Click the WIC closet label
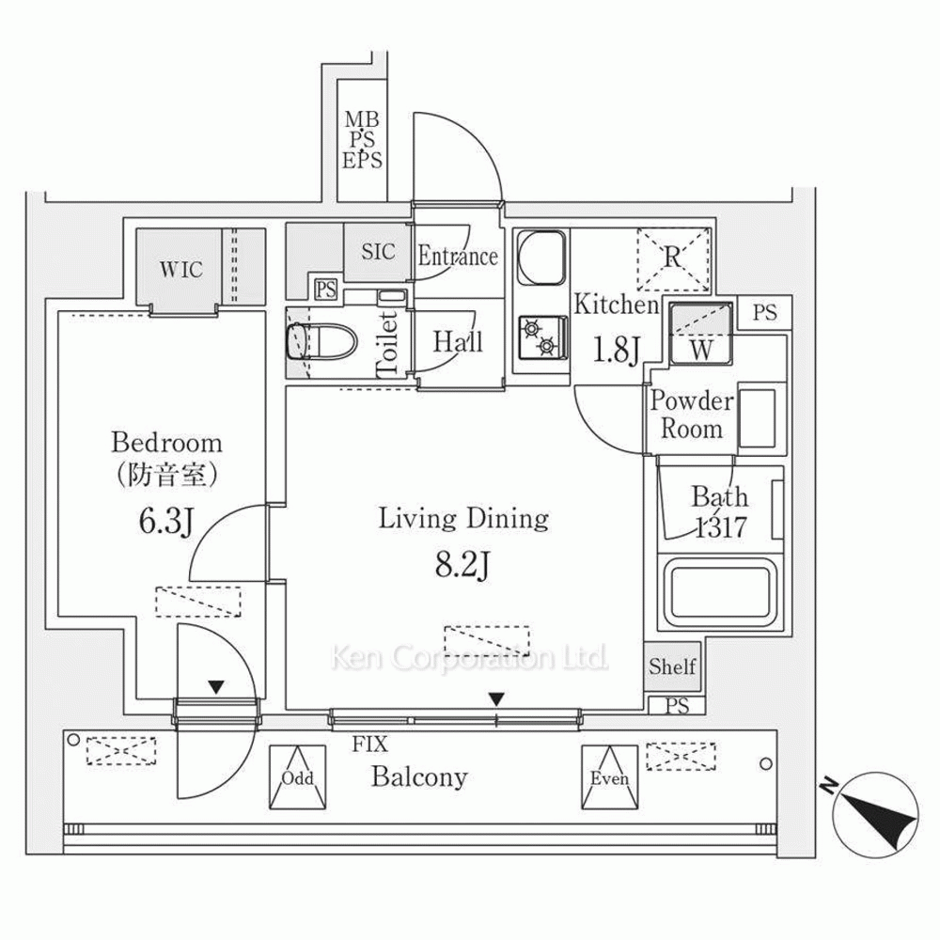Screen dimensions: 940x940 (x=180, y=270)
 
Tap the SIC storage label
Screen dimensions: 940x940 (x=378, y=252)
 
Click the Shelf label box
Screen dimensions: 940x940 (x=671, y=666)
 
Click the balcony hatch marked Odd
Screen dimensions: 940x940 (x=297, y=777)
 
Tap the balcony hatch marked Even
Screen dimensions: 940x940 (x=608, y=777)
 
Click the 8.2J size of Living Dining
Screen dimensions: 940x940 (x=463, y=566)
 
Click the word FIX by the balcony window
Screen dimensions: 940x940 (x=371, y=745)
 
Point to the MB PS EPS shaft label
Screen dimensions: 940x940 (x=362, y=139)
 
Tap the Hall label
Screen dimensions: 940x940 (x=458, y=342)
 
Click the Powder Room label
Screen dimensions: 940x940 (x=692, y=415)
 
